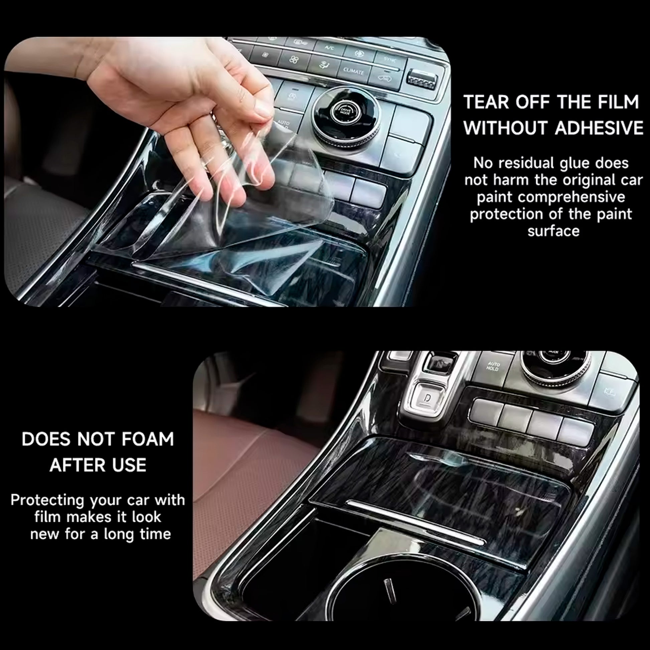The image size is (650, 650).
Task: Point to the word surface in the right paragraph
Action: click(553, 231)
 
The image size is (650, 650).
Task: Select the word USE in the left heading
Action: click(131, 465)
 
